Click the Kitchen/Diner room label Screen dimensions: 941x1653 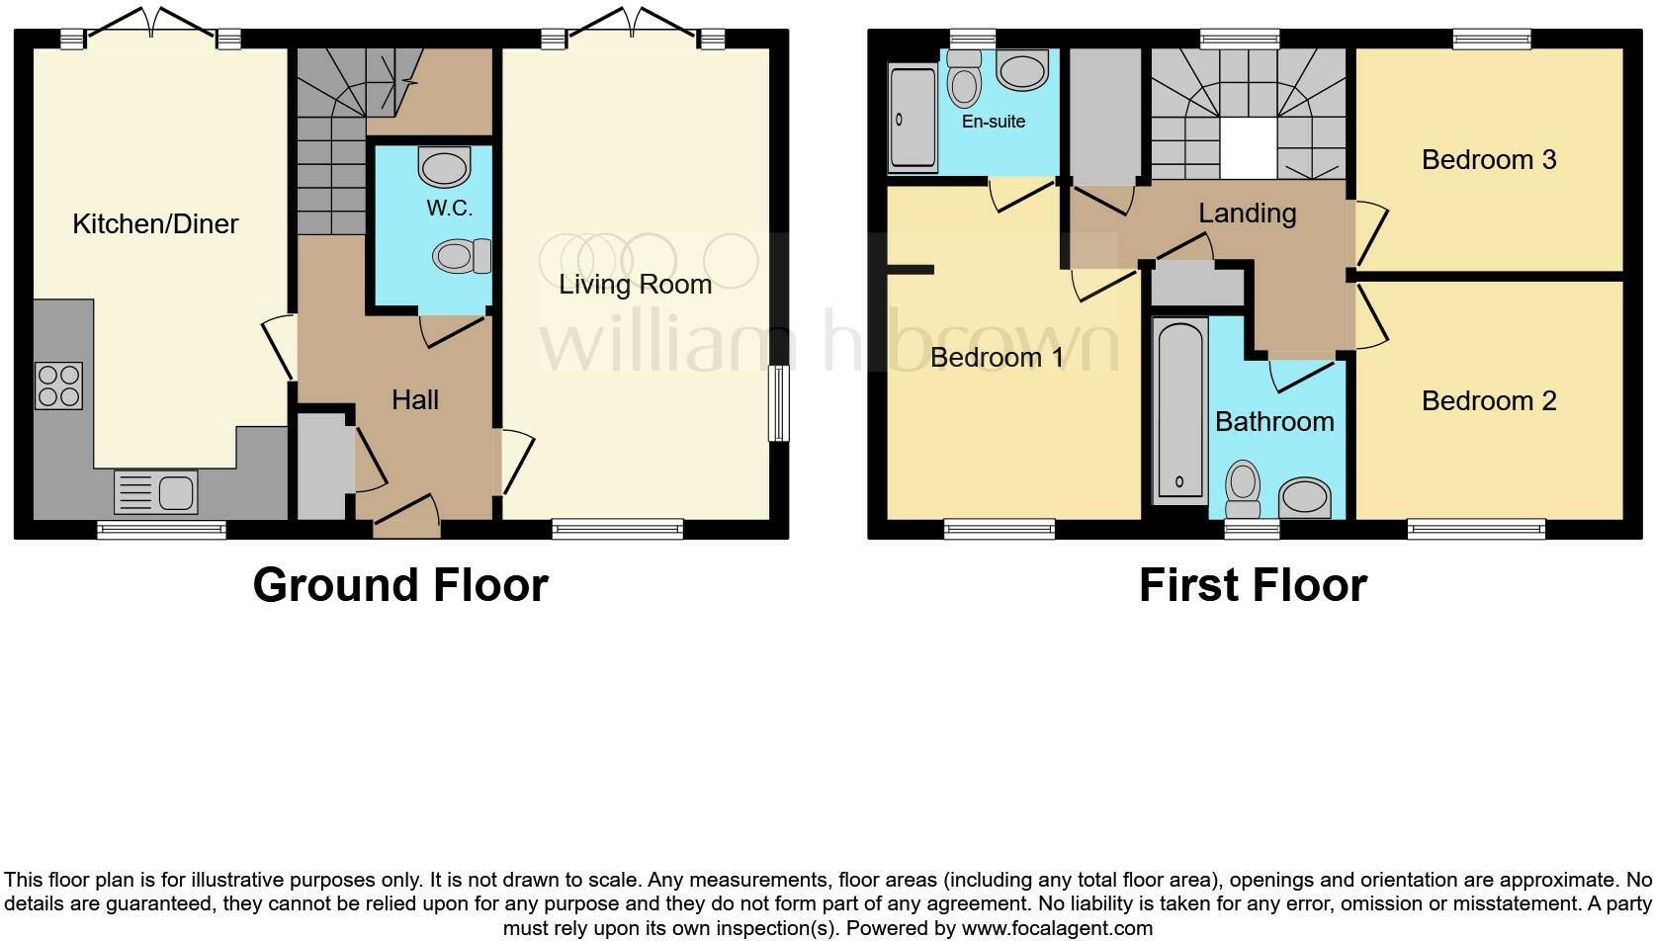(155, 223)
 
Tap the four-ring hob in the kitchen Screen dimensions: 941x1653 (58, 385)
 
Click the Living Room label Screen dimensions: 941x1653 (635, 285)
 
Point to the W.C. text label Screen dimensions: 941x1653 (450, 209)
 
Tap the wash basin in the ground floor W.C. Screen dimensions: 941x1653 (444, 167)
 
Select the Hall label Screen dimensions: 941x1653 (414, 399)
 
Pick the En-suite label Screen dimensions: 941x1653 (993, 122)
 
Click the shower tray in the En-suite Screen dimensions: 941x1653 (913, 118)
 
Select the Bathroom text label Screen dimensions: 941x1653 (1273, 422)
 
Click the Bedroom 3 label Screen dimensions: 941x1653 (1488, 160)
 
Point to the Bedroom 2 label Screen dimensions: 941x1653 (1488, 401)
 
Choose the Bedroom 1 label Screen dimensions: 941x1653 (997, 357)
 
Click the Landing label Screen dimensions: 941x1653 (1247, 214)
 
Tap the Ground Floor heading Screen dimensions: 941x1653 (400, 584)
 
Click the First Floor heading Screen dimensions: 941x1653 (1252, 584)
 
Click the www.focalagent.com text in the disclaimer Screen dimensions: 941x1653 (1057, 928)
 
